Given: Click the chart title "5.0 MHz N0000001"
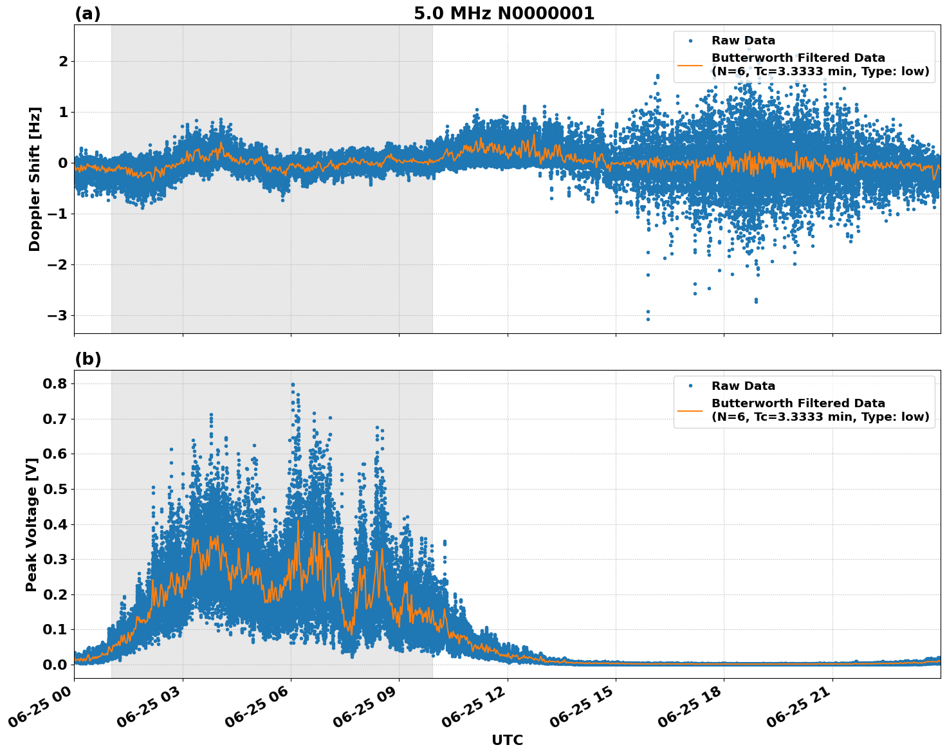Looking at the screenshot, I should point(504,14).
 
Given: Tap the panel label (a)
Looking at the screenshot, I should point(87,14).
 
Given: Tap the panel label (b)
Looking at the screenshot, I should point(87,359).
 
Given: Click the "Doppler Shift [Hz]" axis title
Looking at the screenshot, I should point(35,179).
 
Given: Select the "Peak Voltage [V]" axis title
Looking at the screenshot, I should point(32,524).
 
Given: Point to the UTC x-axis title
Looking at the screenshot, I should point(507,740).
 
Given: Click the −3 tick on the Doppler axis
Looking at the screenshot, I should point(57,315).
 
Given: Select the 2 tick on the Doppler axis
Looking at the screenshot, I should point(62,61).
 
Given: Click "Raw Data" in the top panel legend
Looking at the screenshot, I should point(743,41).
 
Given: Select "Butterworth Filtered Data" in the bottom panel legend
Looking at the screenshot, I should point(798,403).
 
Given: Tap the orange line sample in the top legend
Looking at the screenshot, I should point(690,65).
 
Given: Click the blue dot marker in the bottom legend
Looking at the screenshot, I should point(690,386).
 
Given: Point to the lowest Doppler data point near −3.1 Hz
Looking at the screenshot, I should point(648,319).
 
